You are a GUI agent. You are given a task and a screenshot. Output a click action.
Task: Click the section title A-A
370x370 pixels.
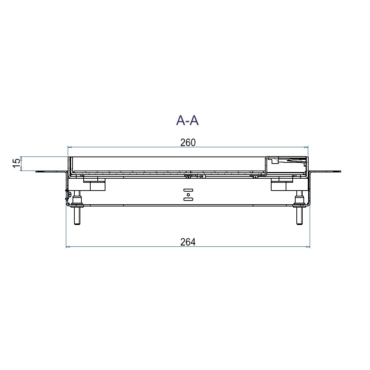coord(187,121)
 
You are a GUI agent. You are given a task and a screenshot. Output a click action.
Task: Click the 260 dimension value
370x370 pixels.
coord(188,142)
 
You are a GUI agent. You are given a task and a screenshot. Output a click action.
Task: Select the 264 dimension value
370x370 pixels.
coord(188,242)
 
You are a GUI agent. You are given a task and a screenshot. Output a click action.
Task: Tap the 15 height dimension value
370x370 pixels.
coord(17,163)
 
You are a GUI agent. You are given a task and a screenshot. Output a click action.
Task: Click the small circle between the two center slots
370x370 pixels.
coord(188,195)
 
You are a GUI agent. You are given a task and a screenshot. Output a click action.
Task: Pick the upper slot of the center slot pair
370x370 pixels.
coord(188,190)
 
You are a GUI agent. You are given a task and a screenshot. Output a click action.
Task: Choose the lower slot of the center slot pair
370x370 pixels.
coord(188,199)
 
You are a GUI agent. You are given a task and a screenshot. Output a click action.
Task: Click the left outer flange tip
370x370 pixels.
coord(36,172)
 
